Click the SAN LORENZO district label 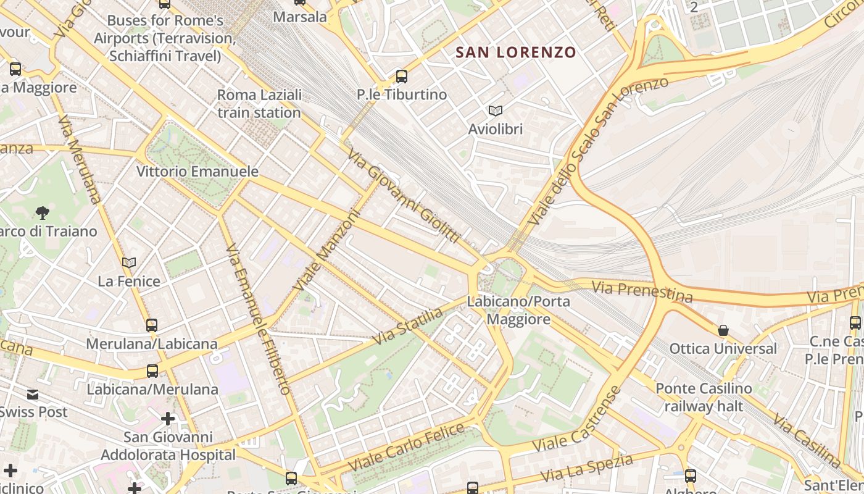516,52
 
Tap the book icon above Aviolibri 495,111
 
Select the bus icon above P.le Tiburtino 402,77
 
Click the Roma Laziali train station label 259,104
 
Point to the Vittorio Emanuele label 197,171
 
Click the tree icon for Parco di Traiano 43,213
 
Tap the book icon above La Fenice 129,262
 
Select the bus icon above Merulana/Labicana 152,325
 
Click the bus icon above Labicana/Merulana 152,371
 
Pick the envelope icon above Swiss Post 33,394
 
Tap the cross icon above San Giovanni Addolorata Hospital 168,419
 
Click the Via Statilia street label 408,327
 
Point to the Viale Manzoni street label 325,251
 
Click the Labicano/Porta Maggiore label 518,311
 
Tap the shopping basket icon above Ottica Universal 723,330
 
